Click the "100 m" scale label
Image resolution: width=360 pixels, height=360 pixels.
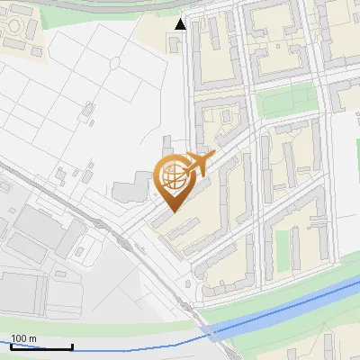24,338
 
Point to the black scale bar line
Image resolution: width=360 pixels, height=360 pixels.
41,346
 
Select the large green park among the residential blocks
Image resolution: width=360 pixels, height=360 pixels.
288,103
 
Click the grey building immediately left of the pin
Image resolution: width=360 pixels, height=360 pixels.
127,191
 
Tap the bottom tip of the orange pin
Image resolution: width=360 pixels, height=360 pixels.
170,210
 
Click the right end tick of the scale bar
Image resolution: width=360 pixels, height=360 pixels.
72,346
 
